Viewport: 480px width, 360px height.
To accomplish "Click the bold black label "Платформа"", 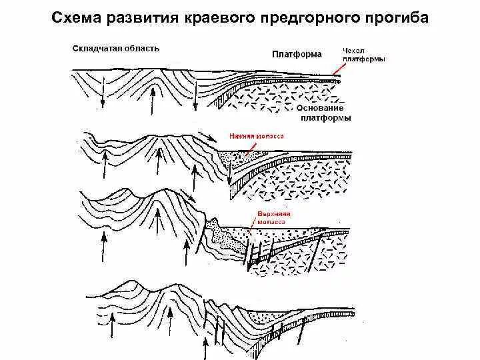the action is [297, 53].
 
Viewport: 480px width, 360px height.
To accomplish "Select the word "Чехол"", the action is [353, 50].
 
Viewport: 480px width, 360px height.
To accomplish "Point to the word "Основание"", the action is [321, 108].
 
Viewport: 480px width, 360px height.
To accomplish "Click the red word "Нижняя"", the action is [242, 136].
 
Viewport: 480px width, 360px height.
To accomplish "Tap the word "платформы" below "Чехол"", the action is [363, 59].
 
